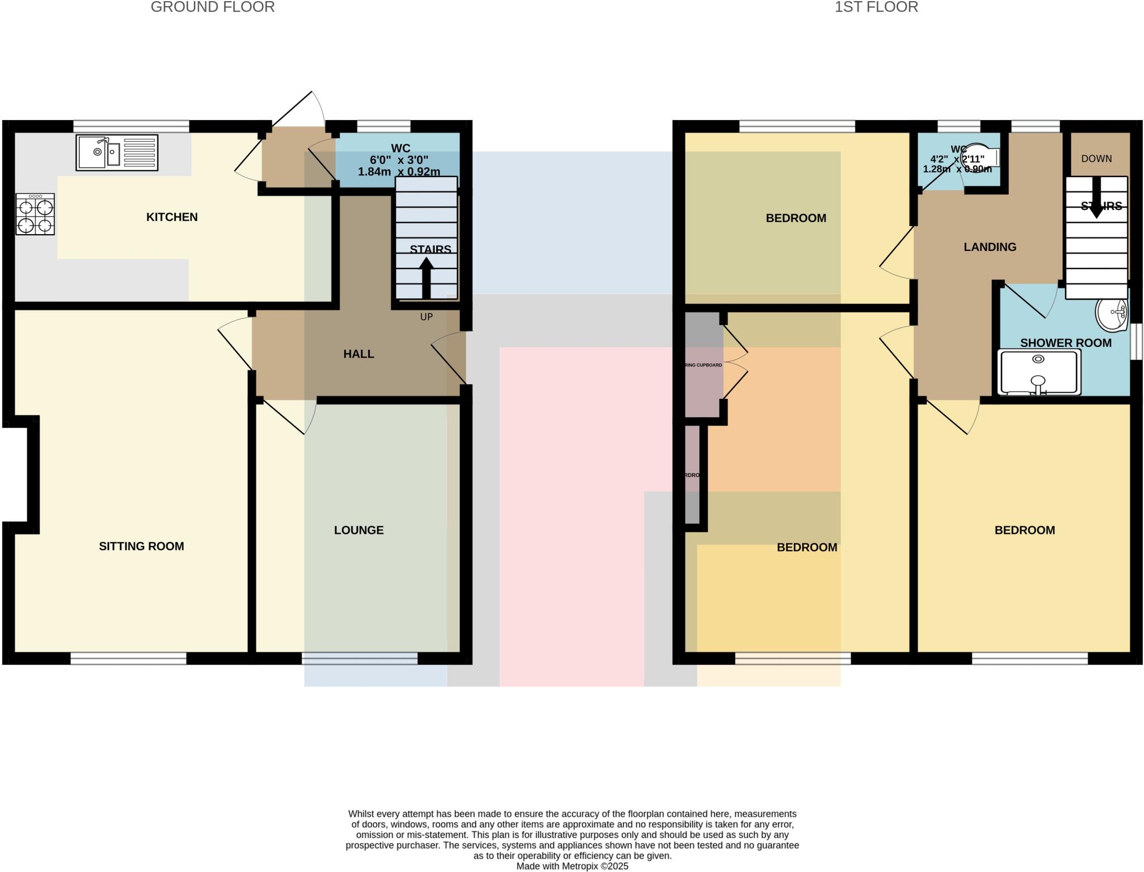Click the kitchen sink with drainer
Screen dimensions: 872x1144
coord(117,152)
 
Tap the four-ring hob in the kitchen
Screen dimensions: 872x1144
coord(35,215)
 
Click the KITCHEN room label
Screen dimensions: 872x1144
coord(171,217)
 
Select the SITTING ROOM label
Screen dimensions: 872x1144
coord(141,546)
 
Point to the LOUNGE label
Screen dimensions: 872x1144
coord(359,530)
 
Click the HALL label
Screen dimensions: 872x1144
coord(359,354)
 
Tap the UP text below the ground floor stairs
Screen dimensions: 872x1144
coord(426,317)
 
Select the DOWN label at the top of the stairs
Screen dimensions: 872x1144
coord(1096,159)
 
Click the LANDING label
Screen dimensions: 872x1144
coord(989,247)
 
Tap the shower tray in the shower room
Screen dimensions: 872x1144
coord(1038,372)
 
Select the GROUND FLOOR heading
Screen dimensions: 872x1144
coord(212,7)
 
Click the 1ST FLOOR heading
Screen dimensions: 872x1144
coord(876,7)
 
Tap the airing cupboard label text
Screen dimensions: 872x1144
coord(703,365)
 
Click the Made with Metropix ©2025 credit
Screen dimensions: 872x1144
coord(572,866)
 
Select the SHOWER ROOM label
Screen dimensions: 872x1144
coord(1065,343)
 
